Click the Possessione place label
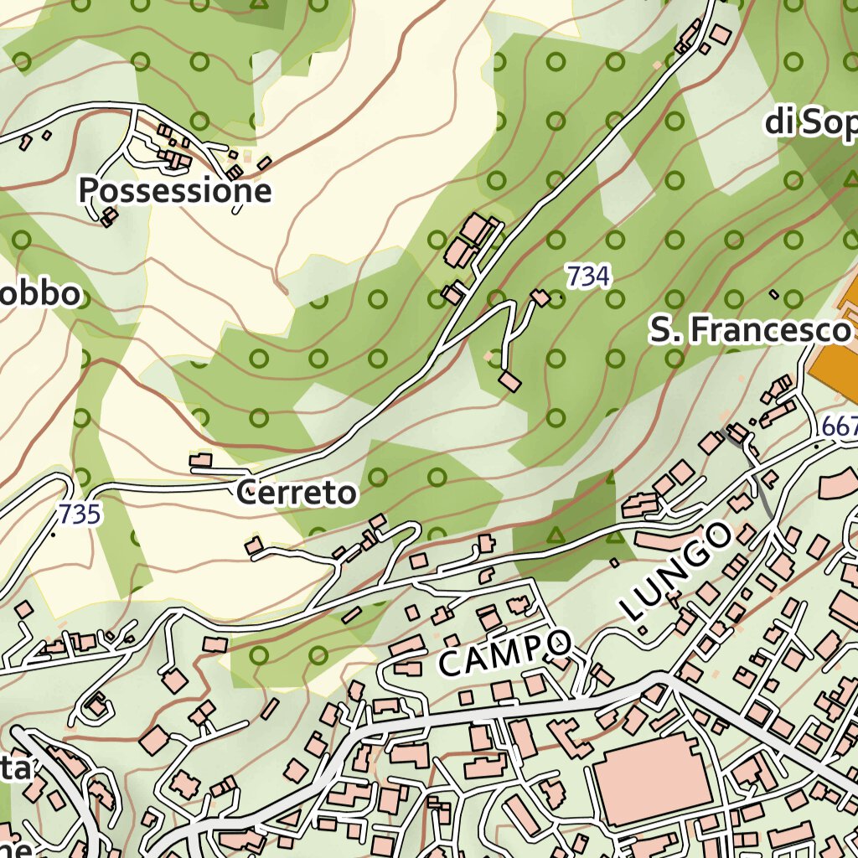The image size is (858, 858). click(x=175, y=191)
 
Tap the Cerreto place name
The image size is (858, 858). click(x=296, y=493)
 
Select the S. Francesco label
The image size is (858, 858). click(x=750, y=330)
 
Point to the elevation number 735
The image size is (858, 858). click(x=80, y=513)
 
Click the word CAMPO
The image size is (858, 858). click(x=504, y=652)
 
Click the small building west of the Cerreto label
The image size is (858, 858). click(x=201, y=460)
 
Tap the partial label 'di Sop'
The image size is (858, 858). click(x=811, y=123)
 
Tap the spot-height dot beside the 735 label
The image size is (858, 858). click(x=54, y=534)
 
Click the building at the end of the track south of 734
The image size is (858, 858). click(x=509, y=382)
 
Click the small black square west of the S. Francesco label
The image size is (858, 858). click(x=774, y=294)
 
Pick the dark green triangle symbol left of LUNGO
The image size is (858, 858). click(x=553, y=533)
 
